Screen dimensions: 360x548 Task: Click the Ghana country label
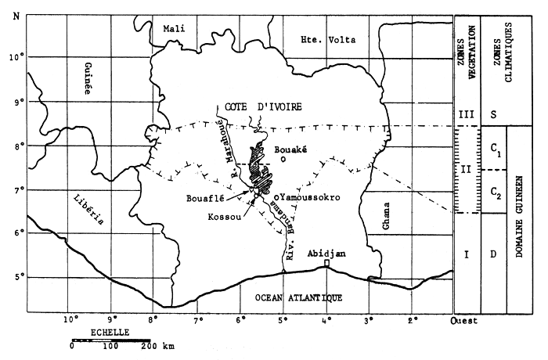click(x=386, y=214)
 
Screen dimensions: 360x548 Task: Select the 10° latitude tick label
click(x=15, y=56)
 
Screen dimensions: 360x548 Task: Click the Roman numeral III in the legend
click(x=467, y=115)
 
